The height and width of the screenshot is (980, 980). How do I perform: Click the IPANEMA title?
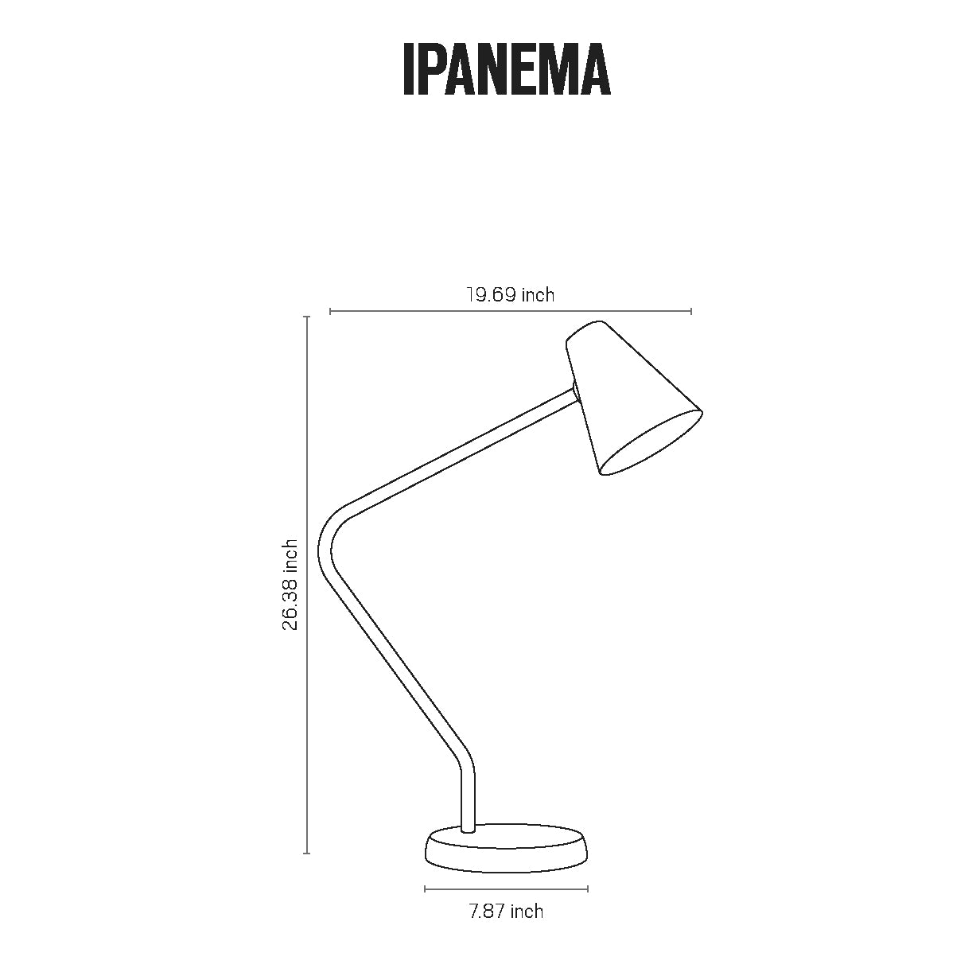click(507, 68)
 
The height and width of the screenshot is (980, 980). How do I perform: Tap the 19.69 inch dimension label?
click(511, 295)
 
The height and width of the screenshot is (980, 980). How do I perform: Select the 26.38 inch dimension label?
click(290, 585)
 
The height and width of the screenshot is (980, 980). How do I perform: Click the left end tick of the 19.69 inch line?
click(330, 311)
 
